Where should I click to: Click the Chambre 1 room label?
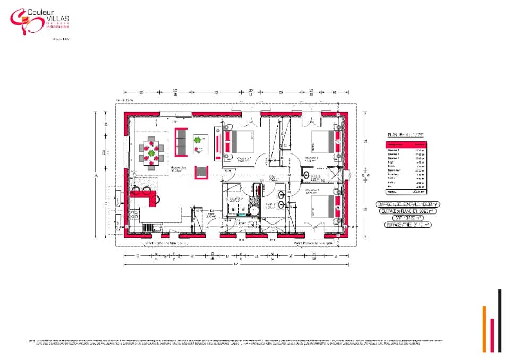[244, 159]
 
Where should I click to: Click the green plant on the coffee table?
[198, 140]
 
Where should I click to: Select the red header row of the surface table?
[406, 144]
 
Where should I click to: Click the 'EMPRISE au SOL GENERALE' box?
[406, 204]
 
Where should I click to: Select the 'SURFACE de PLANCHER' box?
[406, 211]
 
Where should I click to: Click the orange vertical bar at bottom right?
[484, 329]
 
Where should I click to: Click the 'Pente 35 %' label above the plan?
[123, 100]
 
